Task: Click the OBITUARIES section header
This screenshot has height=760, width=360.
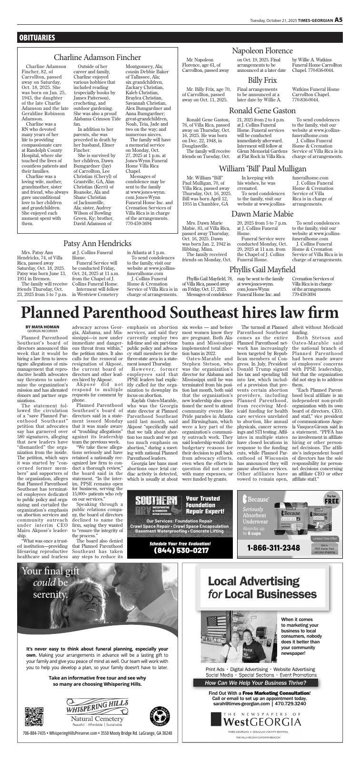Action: click(x=37, y=38)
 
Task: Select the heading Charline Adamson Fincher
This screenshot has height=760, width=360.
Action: click(x=98, y=57)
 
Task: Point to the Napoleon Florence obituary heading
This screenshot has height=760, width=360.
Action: click(x=262, y=50)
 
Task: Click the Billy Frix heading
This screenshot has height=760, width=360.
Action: click(x=262, y=80)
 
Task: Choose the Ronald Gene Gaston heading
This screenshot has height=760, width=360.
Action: click(x=262, y=110)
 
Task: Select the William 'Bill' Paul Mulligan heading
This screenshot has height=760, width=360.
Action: click(x=262, y=168)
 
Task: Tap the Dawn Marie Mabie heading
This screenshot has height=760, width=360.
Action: click(x=262, y=214)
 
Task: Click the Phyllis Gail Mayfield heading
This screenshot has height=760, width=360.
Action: click(x=262, y=269)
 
